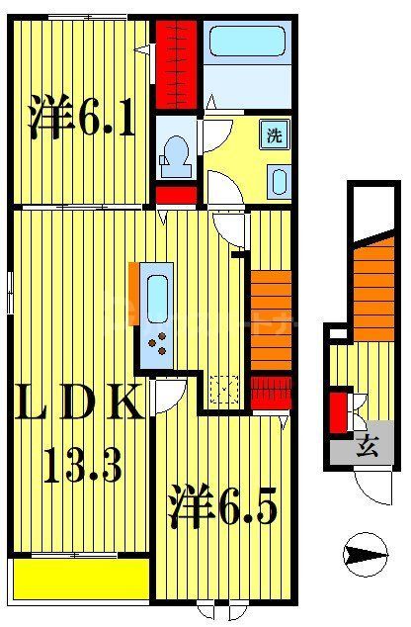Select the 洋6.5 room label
click(221, 505)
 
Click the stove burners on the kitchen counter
click(158, 345)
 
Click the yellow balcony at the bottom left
click(82, 578)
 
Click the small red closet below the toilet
click(178, 194)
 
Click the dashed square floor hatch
click(225, 391)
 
